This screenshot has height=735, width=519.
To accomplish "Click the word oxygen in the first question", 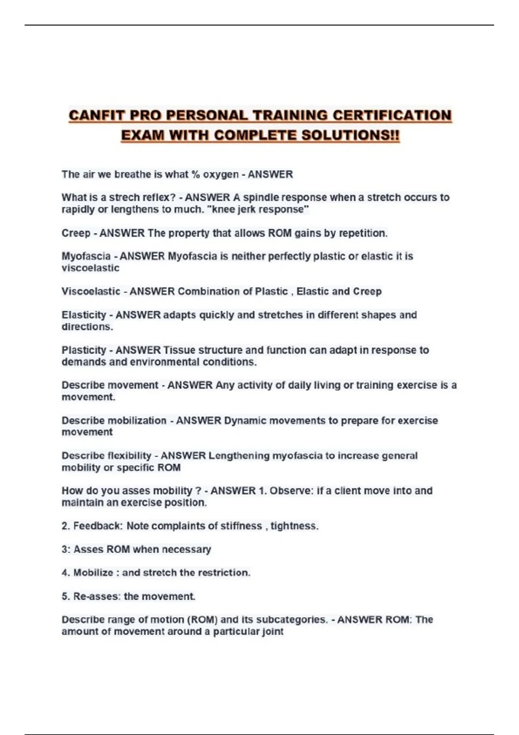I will [221, 175].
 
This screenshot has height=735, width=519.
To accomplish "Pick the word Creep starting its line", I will [76, 233].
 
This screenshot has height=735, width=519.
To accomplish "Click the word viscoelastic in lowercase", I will [90, 268].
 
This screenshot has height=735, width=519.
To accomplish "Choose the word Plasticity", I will [84, 350].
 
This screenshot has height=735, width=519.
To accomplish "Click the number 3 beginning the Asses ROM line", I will [64, 550].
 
